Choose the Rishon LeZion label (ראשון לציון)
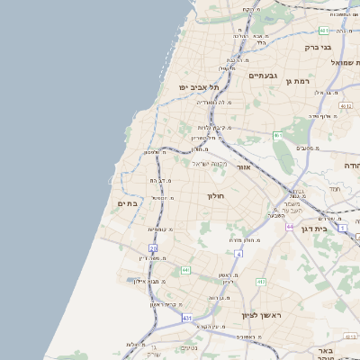262,315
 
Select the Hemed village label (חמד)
335,190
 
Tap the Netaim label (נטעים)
190,347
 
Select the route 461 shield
278,136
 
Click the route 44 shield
290,227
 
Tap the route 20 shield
154,247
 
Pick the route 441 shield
184,269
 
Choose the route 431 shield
186,318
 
